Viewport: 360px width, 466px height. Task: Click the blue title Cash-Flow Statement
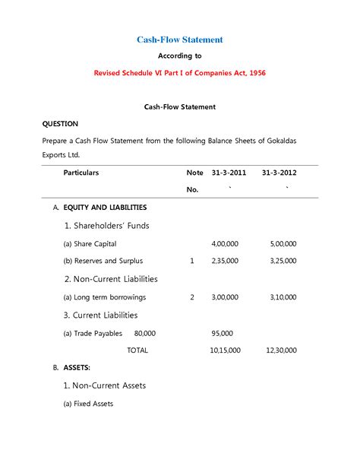(180, 39)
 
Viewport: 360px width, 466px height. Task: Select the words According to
(180, 56)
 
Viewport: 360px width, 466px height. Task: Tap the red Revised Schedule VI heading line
(180, 73)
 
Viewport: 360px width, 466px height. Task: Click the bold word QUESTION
(60, 123)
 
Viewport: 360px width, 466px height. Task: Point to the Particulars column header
(81, 173)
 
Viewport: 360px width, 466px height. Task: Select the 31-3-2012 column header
(279, 173)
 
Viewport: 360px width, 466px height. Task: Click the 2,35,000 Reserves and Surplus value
(225, 261)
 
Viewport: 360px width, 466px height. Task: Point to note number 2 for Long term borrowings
(192, 297)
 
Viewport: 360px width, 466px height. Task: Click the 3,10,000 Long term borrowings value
(283, 297)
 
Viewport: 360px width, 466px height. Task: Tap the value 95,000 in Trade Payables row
(223, 333)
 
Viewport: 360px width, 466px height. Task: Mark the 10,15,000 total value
(225, 350)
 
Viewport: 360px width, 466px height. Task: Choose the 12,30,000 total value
(282, 350)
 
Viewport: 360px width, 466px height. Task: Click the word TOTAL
(137, 350)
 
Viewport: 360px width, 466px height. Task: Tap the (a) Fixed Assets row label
(88, 404)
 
